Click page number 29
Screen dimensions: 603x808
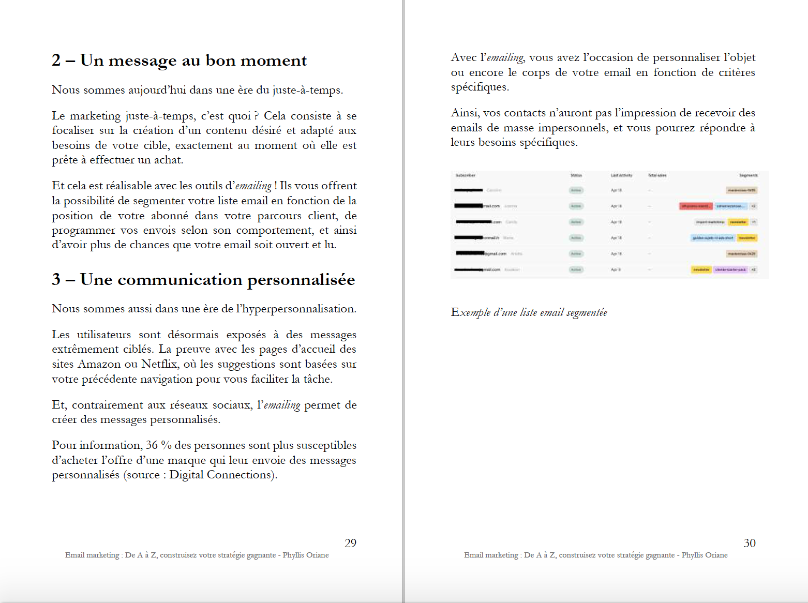(x=350, y=543)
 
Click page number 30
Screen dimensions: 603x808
(x=750, y=543)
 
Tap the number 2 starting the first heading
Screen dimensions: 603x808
(x=56, y=61)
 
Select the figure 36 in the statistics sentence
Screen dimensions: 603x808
(x=152, y=445)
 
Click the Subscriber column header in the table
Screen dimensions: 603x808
(x=465, y=175)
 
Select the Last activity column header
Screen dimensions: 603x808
(x=621, y=175)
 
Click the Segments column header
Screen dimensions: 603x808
(x=748, y=175)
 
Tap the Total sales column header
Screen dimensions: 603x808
(x=657, y=175)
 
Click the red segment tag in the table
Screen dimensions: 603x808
(x=696, y=206)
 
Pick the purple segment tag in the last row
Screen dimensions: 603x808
(x=730, y=270)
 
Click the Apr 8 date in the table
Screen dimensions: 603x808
(x=615, y=270)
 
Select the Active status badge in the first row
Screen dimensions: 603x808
(x=576, y=190)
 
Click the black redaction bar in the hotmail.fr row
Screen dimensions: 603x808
(x=469, y=238)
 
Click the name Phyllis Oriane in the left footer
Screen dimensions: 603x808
(x=305, y=555)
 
